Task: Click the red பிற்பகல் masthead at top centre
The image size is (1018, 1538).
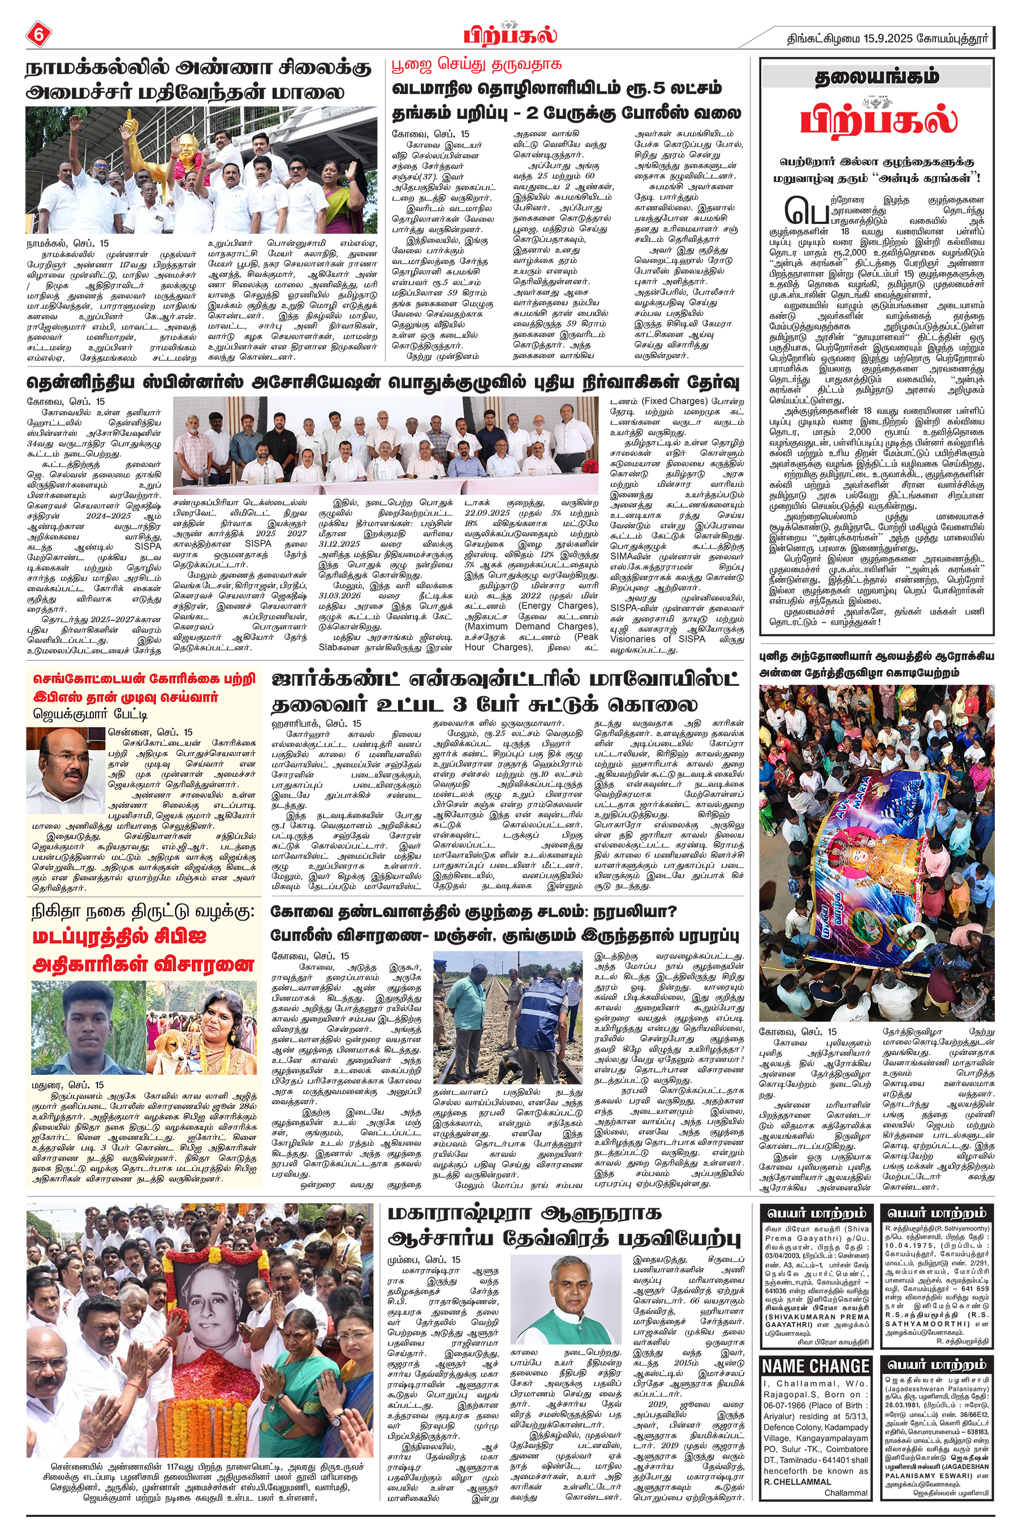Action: (x=510, y=34)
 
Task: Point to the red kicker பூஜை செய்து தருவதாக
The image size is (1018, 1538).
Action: (x=477, y=65)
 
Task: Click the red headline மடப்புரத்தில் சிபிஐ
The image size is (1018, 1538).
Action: (x=119, y=936)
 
